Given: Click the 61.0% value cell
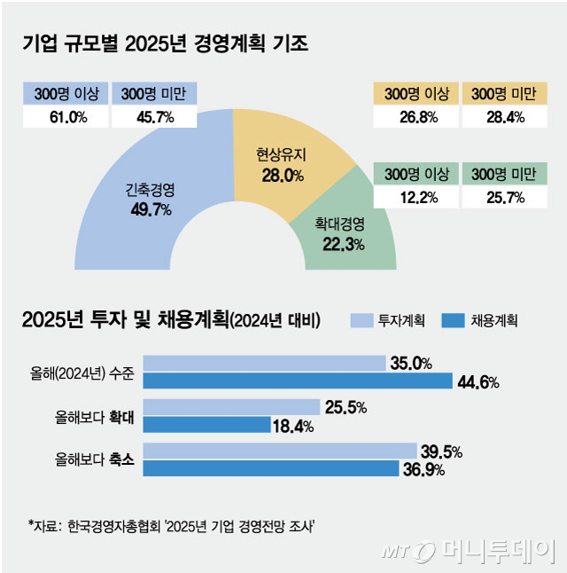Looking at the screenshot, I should [66, 117].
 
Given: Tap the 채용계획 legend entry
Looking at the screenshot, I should [479, 320].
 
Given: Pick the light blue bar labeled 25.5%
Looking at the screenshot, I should [231, 407].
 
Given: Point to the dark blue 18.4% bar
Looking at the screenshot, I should [206, 425].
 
